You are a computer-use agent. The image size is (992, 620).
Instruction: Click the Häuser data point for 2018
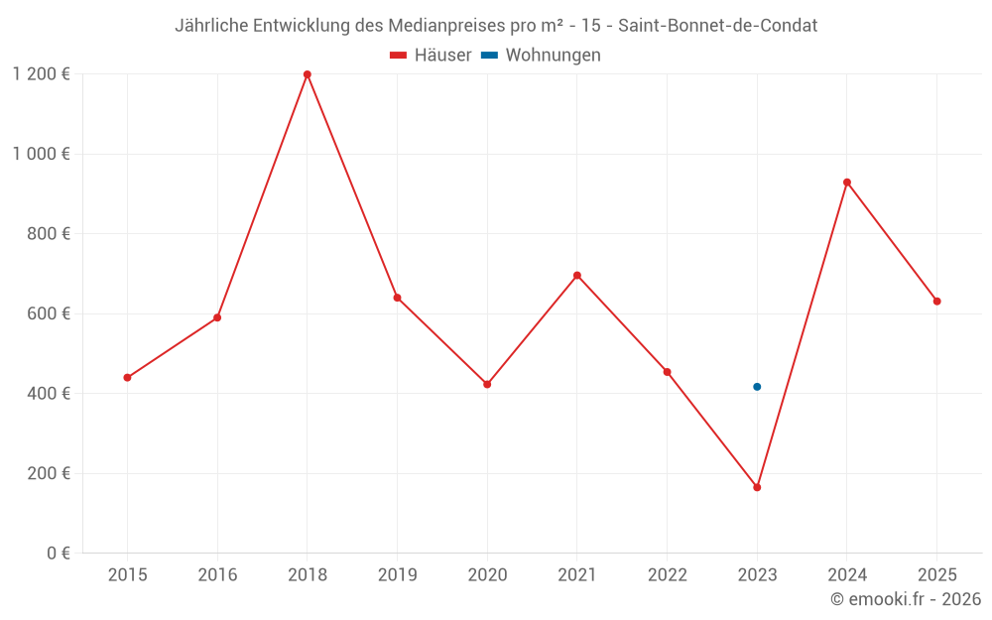pyautogui.click(x=308, y=74)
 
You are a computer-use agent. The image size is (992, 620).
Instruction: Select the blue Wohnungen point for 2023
pyautogui.click(x=757, y=387)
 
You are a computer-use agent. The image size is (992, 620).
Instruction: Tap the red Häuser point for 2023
pyautogui.click(x=757, y=487)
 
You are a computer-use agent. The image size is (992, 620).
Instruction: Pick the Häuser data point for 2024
pyautogui.click(x=847, y=183)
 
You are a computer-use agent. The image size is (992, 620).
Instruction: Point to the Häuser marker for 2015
pyautogui.click(x=127, y=378)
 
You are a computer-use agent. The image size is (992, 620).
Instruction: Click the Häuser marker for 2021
pyautogui.click(x=577, y=276)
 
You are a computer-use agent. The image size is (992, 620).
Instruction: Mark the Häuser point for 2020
pyautogui.click(x=487, y=384)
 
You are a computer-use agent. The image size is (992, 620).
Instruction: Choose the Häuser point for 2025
pyautogui.click(x=936, y=302)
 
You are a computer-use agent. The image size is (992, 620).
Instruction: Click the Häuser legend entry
pyautogui.click(x=431, y=56)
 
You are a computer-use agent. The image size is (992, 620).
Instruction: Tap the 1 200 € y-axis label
pyautogui.click(x=41, y=74)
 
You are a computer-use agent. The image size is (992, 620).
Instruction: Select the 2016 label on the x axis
pyautogui.click(x=217, y=575)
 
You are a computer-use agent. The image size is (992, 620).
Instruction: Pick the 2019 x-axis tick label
pyautogui.click(x=397, y=575)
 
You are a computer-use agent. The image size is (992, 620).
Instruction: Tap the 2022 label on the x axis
pyautogui.click(x=667, y=575)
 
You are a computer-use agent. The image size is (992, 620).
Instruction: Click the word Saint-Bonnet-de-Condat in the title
pyautogui.click(x=718, y=26)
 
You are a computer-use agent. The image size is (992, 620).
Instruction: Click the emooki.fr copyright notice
pyautogui.click(x=906, y=599)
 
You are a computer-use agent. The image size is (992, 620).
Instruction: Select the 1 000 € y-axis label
pyautogui.click(x=41, y=154)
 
